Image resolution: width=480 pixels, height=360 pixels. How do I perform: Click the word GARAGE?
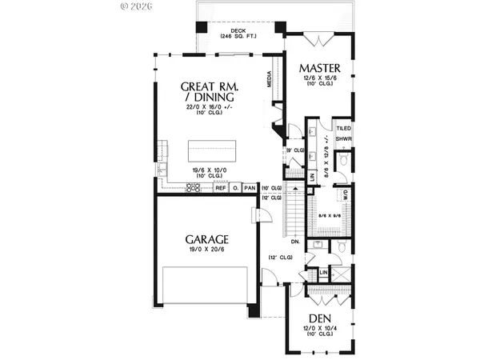pyautogui.click(x=209, y=238)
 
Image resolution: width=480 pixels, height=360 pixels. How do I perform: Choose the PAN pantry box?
pyautogui.click(x=249, y=188)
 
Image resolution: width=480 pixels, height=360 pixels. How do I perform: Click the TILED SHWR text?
pyautogui.click(x=343, y=133)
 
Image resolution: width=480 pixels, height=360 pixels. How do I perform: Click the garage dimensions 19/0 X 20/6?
pyautogui.click(x=209, y=250)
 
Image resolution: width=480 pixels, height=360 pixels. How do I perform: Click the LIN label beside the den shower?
pyautogui.click(x=323, y=273)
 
